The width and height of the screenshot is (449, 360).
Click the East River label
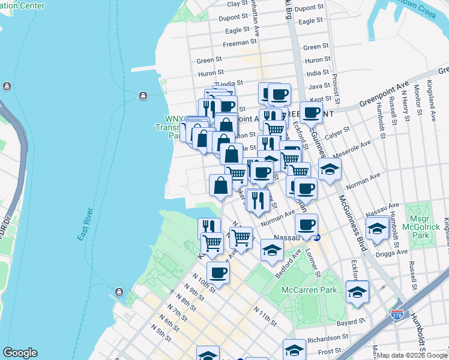86,224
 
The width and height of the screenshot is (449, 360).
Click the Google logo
20,353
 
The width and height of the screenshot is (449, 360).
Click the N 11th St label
265,316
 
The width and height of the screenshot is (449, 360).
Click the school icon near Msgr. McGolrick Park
377,229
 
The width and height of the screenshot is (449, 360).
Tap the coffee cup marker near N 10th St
218,274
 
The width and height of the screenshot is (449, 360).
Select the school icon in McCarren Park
357,292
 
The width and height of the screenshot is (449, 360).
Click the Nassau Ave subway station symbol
317,237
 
